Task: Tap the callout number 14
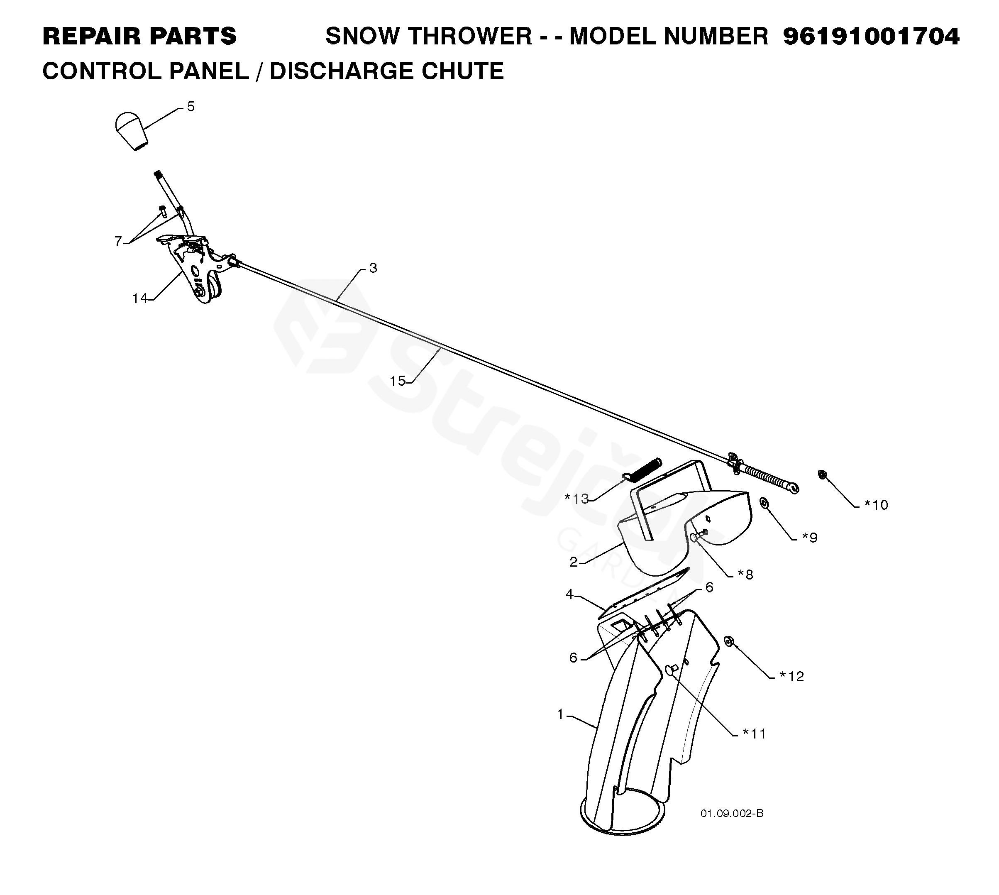pos(139,298)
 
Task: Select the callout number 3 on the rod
pos(373,268)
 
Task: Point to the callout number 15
pos(397,381)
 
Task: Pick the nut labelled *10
pos(821,474)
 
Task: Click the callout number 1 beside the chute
pos(560,714)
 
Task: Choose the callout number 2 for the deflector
pos(573,562)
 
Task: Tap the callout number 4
pos(569,594)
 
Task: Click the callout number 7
pos(118,242)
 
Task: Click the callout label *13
pos(576,499)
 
